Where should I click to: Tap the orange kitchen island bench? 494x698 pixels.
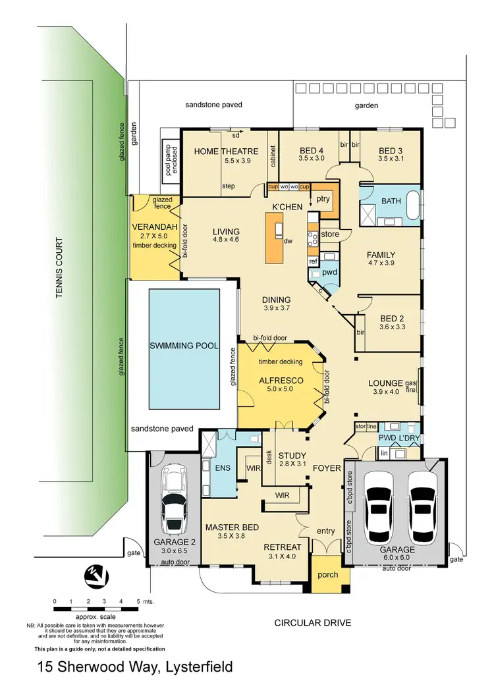(276, 238)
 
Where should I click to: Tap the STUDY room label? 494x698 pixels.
(290, 455)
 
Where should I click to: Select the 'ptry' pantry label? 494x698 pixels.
(323, 198)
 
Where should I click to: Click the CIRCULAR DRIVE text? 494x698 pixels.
(313, 622)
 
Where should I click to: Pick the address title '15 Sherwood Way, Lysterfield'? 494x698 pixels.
(135, 667)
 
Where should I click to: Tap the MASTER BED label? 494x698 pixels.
(231, 527)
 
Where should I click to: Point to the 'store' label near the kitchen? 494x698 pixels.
(330, 234)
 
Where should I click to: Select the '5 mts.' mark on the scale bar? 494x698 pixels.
(142, 603)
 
